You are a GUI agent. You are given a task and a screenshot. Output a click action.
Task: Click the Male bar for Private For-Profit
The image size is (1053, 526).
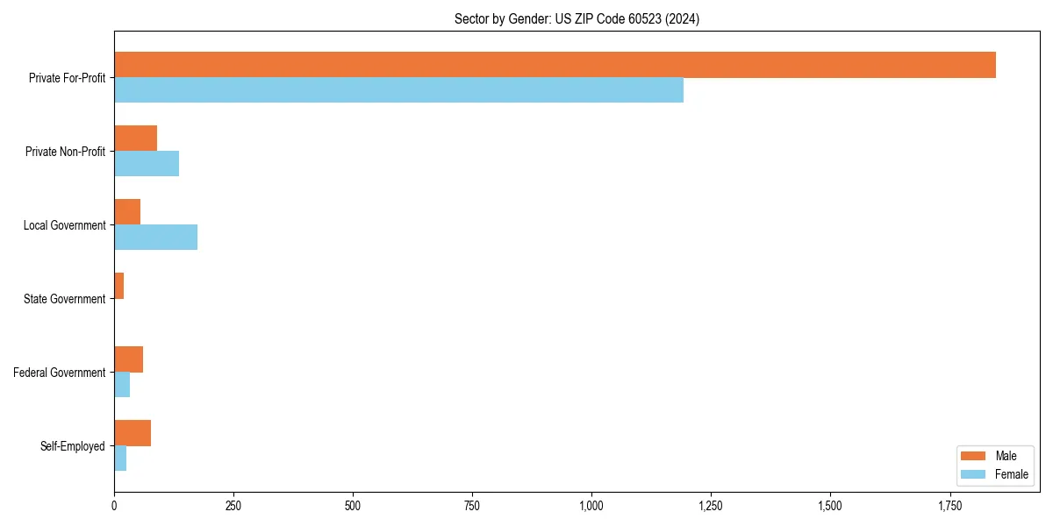click(555, 65)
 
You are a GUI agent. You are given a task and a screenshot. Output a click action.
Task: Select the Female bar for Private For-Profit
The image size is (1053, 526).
click(398, 90)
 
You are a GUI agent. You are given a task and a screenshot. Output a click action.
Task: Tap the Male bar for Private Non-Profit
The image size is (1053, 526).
click(135, 139)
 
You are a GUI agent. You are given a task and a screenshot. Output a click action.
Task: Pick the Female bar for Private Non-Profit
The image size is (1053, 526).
click(147, 164)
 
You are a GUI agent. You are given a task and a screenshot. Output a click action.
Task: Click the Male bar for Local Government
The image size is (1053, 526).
click(127, 212)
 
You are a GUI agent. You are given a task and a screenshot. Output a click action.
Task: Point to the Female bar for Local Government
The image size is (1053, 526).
click(155, 238)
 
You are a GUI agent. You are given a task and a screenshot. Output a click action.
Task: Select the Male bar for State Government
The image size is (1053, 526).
click(118, 286)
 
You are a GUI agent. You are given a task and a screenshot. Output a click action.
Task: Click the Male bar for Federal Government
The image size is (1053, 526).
click(128, 359)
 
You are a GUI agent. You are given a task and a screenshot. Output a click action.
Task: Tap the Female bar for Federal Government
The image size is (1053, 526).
click(122, 385)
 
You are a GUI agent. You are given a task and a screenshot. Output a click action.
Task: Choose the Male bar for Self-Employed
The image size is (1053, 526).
click(133, 433)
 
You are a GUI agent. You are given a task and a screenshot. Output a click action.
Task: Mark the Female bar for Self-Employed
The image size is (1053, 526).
click(120, 458)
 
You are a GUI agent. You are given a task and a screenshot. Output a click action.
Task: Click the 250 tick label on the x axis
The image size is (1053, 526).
click(233, 506)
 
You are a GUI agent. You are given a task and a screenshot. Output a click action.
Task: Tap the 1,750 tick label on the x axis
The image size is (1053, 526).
click(949, 506)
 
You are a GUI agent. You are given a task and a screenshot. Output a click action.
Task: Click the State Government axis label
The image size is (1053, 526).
click(64, 299)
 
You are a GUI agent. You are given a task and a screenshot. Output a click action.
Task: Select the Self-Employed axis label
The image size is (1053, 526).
click(73, 446)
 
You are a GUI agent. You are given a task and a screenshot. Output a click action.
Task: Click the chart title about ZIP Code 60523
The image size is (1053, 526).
click(577, 18)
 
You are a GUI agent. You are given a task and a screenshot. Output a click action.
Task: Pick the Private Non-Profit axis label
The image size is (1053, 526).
click(65, 152)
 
